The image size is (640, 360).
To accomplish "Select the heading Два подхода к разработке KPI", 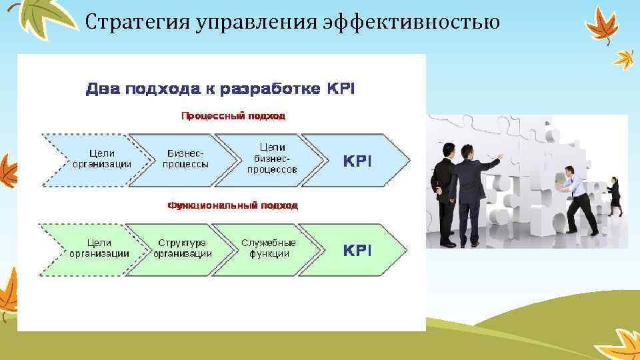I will (x=220, y=89).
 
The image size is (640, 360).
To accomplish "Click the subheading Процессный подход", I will (x=233, y=116).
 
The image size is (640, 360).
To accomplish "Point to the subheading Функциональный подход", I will (x=233, y=205).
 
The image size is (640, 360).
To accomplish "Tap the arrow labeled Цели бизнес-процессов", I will (x=272, y=159).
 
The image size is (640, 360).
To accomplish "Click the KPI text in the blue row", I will (x=357, y=161).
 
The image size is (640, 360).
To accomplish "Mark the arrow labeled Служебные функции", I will (x=269, y=249).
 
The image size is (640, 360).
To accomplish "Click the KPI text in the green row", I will (x=357, y=250).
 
